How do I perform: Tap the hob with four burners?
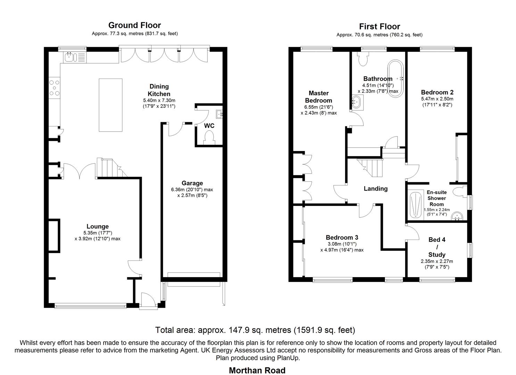pyautogui.click(x=54, y=88)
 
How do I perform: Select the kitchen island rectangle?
pyautogui.click(x=110, y=105)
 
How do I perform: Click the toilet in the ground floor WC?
pyautogui.click(x=210, y=137)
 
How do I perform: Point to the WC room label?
pyautogui.click(x=209, y=126)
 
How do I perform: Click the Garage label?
pyautogui.click(x=192, y=183)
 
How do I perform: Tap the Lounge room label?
pyautogui.click(x=97, y=227)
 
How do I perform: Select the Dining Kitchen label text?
pyautogui.click(x=159, y=90)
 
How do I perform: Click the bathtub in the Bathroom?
pyautogui.click(x=396, y=79)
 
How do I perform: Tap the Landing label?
pyautogui.click(x=375, y=189)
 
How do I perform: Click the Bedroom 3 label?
pyautogui.click(x=342, y=237)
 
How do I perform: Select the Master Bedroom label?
pyautogui.click(x=318, y=97)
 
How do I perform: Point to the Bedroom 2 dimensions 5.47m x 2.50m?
pyautogui.click(x=437, y=99)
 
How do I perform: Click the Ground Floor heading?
pyautogui.click(x=134, y=25)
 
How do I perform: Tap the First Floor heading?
pyautogui.click(x=379, y=26)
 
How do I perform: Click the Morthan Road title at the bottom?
pyautogui.click(x=257, y=370)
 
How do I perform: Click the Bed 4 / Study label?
pyautogui.click(x=437, y=247)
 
